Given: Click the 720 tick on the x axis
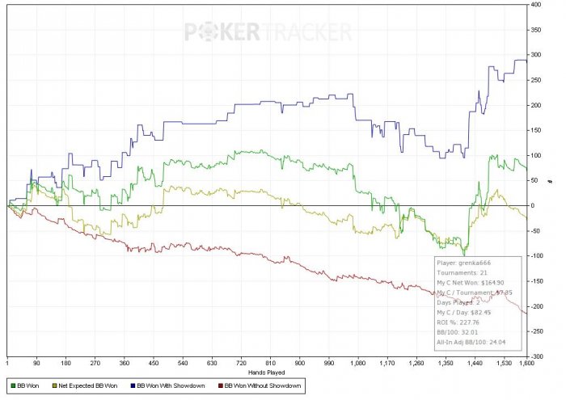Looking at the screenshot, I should (x=240, y=364).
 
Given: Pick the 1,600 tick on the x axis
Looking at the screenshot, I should (x=526, y=364).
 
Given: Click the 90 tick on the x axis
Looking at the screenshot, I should (x=36, y=364).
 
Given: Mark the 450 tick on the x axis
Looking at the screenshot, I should (x=152, y=364).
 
